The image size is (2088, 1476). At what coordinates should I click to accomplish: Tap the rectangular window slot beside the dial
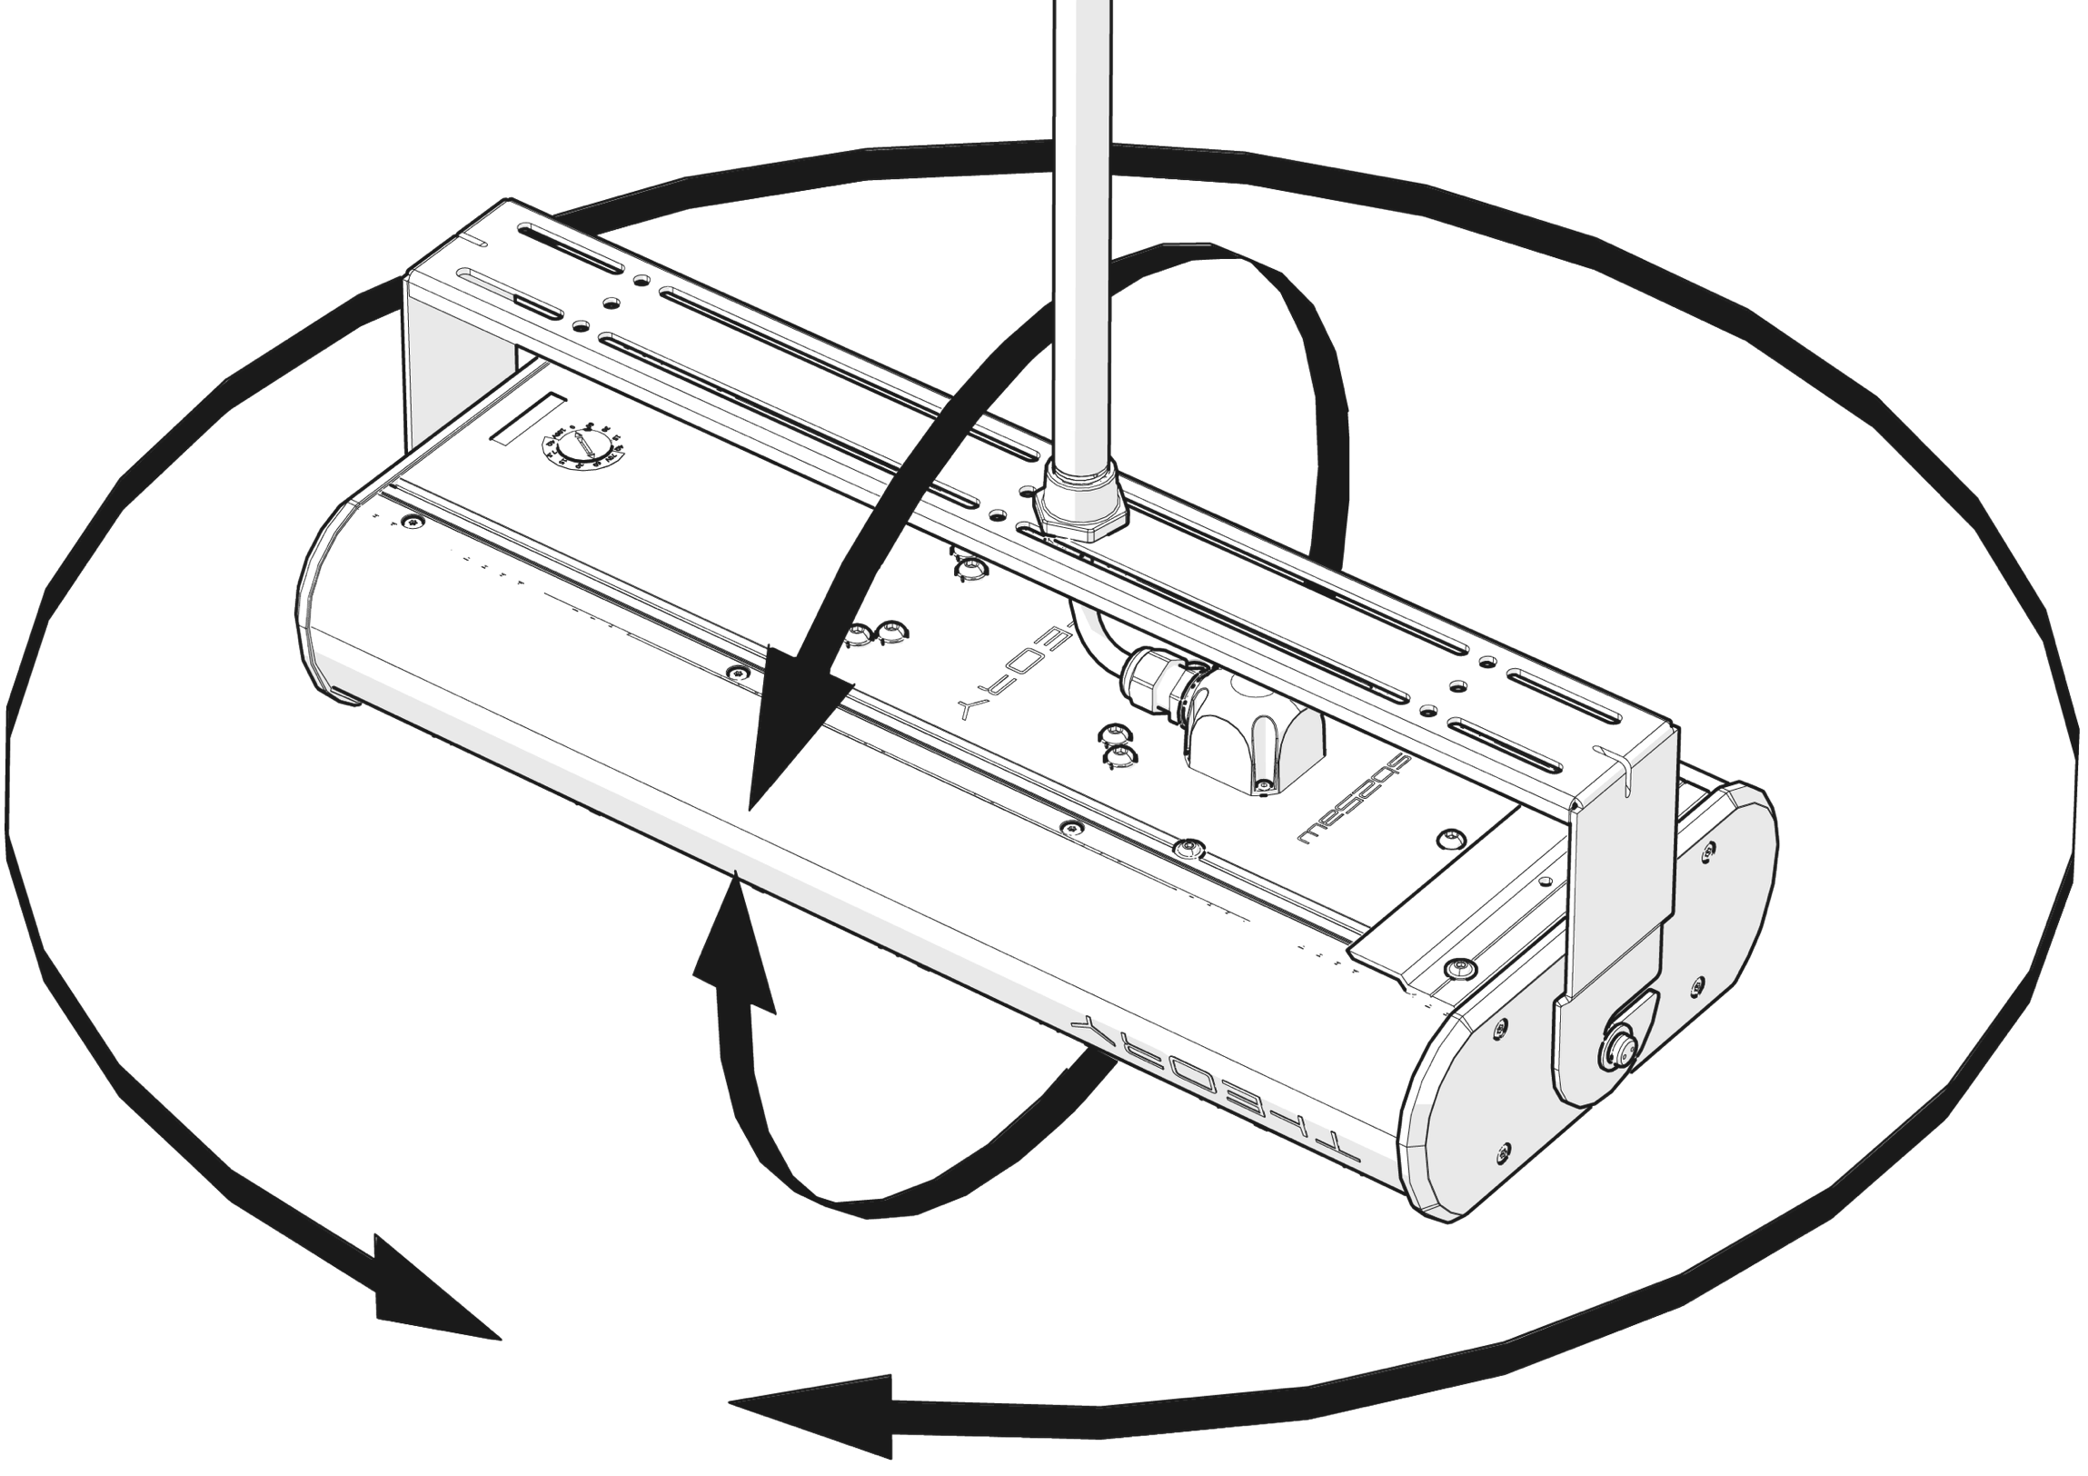coord(529,420)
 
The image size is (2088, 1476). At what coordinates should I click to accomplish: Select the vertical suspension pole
coord(1081,227)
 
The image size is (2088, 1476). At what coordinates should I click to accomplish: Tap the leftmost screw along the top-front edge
coord(415,522)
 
